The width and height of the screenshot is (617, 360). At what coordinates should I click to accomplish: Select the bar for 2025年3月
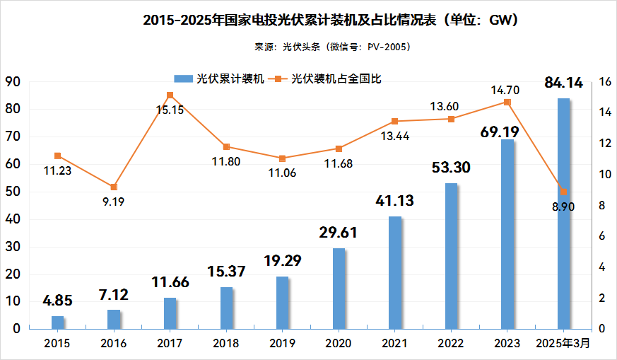coord(563,214)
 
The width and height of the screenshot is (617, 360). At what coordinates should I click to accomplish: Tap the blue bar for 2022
coord(451,256)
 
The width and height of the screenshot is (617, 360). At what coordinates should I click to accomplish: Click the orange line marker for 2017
coord(170,95)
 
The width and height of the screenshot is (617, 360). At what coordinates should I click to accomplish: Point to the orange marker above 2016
coord(114,187)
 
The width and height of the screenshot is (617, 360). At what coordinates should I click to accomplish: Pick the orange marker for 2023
coord(507,102)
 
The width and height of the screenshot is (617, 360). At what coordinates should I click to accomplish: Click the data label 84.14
coord(563,83)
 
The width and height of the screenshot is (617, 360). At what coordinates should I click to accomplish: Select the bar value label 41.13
coord(394,201)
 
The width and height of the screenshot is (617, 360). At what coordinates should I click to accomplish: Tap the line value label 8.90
coord(563,206)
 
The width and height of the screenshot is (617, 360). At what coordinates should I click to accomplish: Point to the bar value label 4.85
coord(57,301)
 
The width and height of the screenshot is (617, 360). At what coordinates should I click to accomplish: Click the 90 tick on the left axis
coord(12,82)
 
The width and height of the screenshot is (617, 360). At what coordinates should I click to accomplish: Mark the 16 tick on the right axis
coord(604,82)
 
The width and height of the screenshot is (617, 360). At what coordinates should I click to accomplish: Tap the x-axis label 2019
coord(282,343)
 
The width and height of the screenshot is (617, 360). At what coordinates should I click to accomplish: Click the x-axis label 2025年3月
coord(563,343)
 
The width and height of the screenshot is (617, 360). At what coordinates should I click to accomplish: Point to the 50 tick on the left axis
coord(12,192)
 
